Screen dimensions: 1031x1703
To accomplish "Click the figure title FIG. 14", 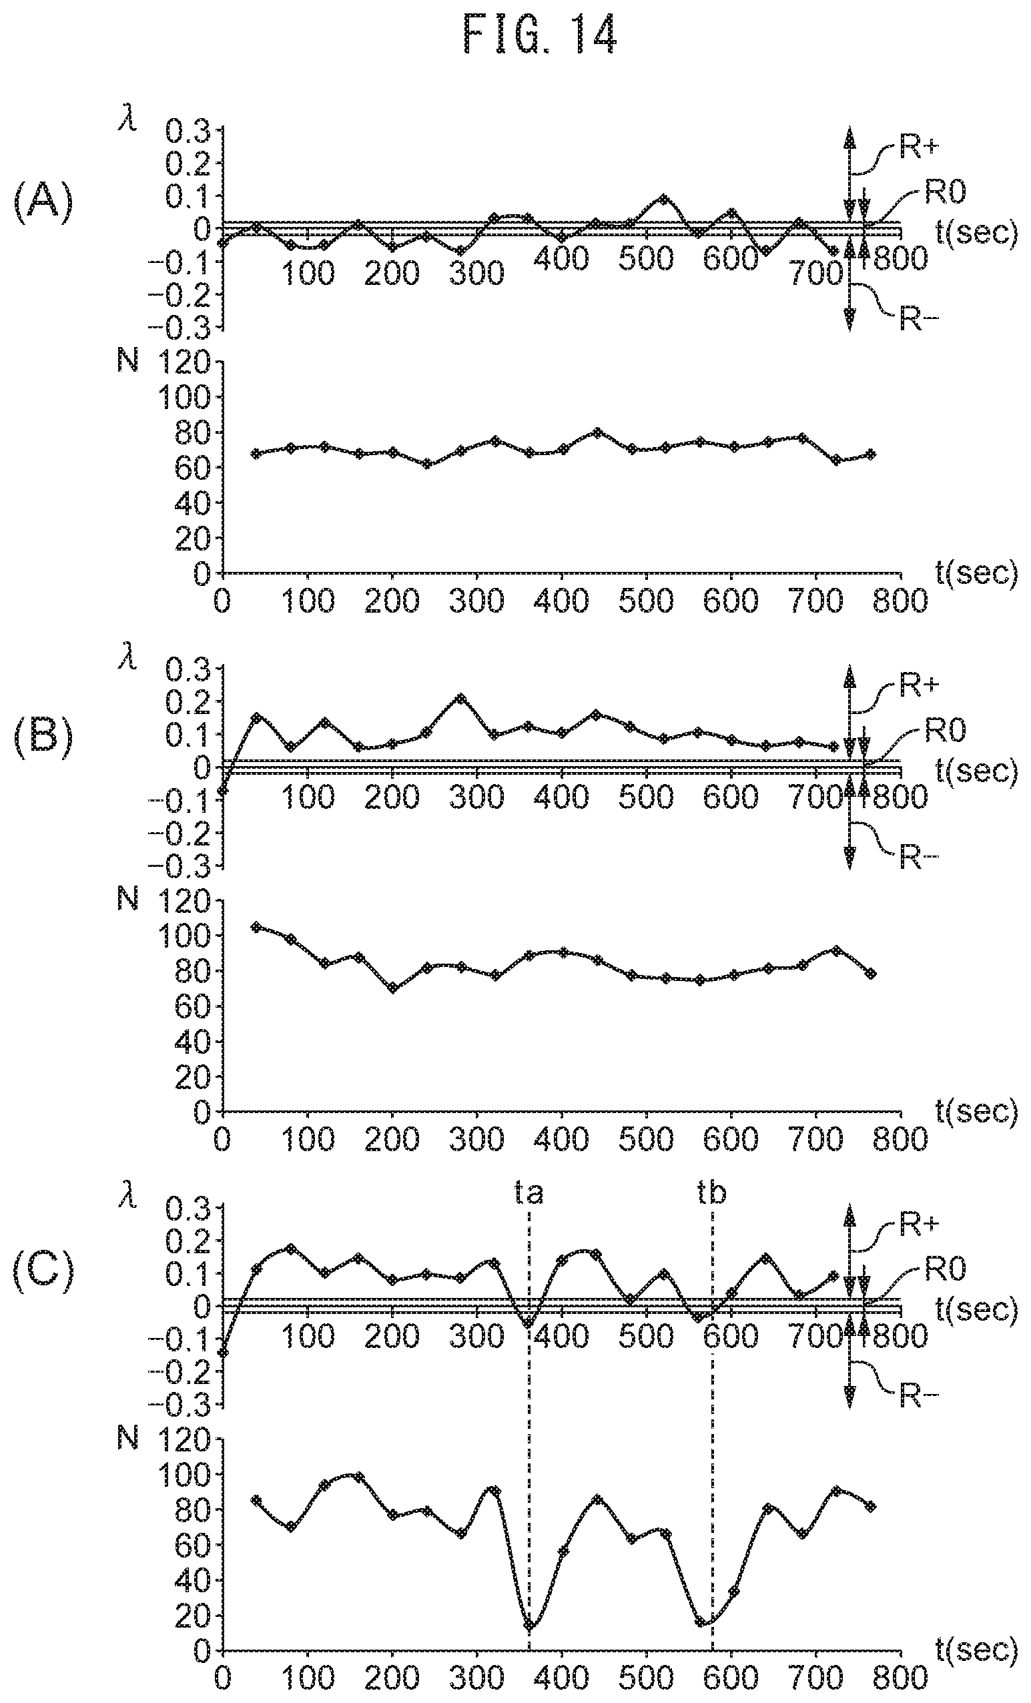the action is tap(540, 35).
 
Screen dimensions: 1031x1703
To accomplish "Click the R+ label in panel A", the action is tap(919, 147).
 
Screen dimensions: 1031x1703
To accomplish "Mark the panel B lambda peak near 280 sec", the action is tap(461, 699).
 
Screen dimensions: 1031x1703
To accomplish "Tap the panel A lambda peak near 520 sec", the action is tap(663, 200).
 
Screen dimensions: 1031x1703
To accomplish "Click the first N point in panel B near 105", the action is tap(256, 927).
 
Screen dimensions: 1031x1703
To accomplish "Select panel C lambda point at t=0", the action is tap(222, 1352).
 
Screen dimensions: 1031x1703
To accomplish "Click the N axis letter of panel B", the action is tap(128, 898).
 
